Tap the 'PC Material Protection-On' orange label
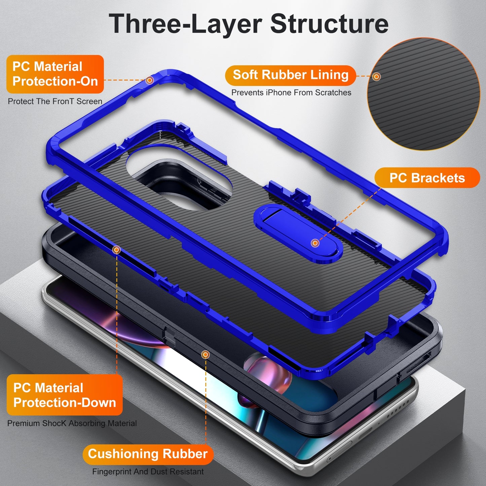(x=55, y=74)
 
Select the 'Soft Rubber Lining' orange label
(x=290, y=75)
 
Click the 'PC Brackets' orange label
(x=427, y=178)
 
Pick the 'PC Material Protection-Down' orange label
(x=65, y=395)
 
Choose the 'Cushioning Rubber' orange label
(x=148, y=454)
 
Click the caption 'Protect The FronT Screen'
(x=55, y=101)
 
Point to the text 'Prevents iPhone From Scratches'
(x=291, y=92)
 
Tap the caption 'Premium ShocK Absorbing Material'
(x=72, y=423)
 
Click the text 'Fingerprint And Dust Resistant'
(x=148, y=472)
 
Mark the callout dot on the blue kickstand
(x=315, y=243)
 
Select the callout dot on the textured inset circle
(x=377, y=76)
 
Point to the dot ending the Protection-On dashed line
(x=150, y=80)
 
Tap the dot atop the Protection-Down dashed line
(x=117, y=250)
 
